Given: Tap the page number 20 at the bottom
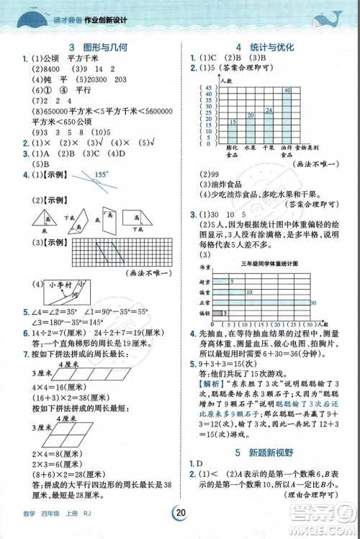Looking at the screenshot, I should pyautogui.click(x=180, y=513).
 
